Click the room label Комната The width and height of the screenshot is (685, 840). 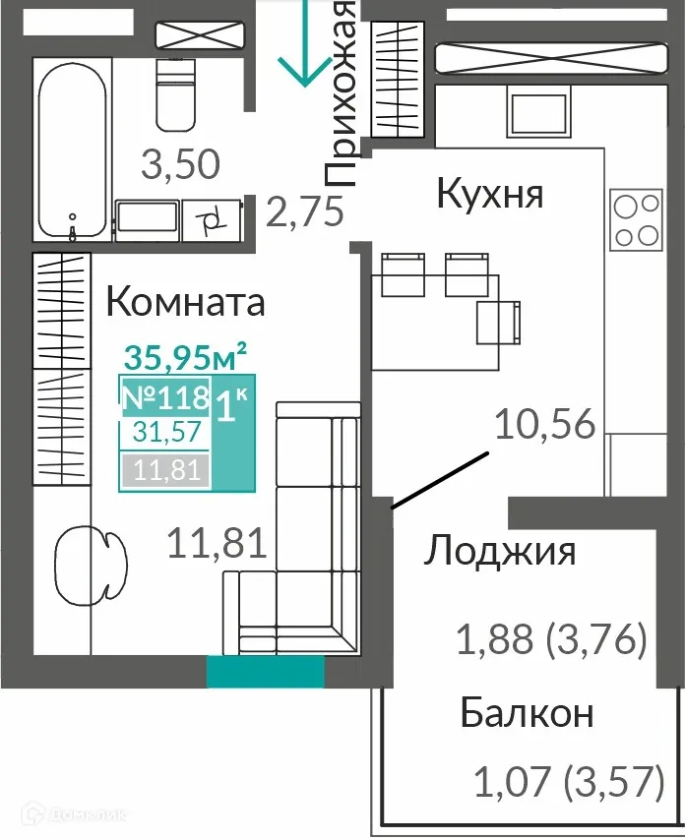coord(185,301)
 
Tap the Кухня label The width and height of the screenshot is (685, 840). coord(490,194)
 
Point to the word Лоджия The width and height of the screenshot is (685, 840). coord(500,552)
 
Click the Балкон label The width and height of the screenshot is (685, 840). coord(527,713)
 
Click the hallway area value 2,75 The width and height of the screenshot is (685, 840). coord(305,212)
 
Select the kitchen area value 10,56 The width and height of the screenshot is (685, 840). coord(545,426)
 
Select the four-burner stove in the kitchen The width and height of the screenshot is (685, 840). coord(635,220)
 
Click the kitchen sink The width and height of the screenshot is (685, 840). coord(538,112)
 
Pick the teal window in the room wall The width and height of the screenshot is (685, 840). coord(265,672)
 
